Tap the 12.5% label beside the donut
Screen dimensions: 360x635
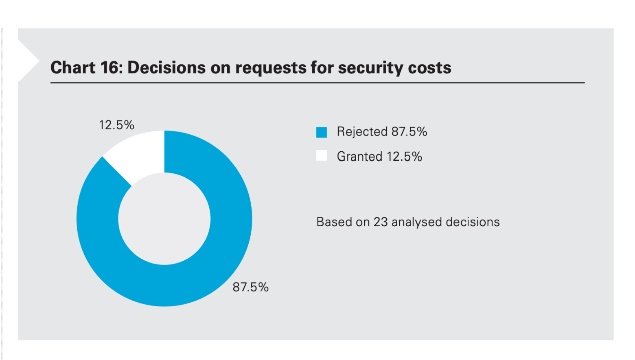point(116,125)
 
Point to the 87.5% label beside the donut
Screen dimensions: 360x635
point(250,287)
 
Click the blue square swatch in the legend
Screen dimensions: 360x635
point(322,132)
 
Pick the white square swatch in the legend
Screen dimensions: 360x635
point(322,156)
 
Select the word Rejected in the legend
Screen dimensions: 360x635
point(362,132)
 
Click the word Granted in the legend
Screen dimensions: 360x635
point(359,157)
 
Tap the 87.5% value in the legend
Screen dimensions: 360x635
point(409,132)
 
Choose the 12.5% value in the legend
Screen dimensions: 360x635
point(404,157)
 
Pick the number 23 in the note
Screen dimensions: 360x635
point(381,222)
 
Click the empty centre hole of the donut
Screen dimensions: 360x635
point(164,219)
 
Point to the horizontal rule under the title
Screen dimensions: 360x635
point(317,83)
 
